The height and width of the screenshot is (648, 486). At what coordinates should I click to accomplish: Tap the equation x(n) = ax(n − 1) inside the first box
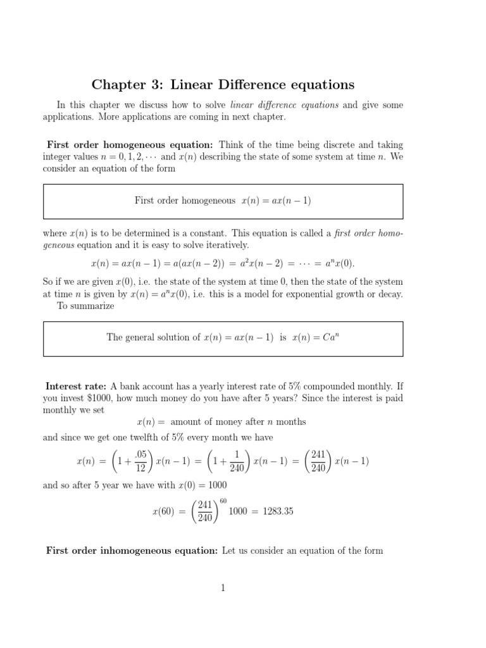276,201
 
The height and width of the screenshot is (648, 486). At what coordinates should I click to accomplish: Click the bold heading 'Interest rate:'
77,386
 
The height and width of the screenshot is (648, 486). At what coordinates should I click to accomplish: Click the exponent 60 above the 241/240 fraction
222,501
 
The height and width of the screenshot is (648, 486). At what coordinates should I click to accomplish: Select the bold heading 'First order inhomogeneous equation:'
132,551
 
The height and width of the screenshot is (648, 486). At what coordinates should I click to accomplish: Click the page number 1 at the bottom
223,588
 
